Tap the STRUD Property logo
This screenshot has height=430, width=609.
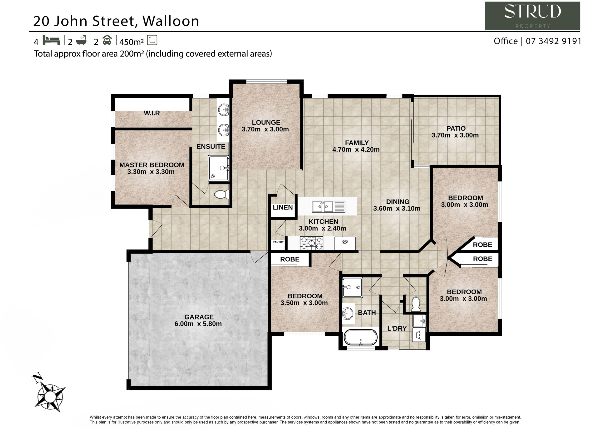pos(532,16)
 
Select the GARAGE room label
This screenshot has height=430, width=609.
pos(199,317)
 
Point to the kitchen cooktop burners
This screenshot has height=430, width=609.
pos(311,243)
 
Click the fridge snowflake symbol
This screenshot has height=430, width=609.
pos(345,242)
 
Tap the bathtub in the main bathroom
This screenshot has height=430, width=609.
pos(360,337)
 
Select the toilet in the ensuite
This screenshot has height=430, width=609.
pos(222,194)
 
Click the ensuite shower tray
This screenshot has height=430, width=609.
pos(219,168)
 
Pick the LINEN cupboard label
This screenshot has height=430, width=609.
pos(283,207)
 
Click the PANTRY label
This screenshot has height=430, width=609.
pos(278,242)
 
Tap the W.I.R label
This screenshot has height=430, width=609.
pos(152,113)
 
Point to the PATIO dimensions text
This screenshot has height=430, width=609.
pos(455,135)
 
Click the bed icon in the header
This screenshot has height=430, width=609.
pos(51,40)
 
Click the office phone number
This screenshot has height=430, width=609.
pos(553,41)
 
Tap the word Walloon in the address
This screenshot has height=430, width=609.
pos(171,21)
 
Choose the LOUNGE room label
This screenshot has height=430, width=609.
pos(266,122)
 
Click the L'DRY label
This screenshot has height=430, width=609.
pos(397,329)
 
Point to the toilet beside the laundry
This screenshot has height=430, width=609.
pos(416,304)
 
